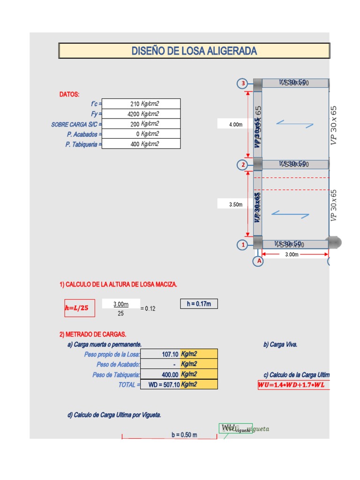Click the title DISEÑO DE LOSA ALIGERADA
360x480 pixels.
(x=194, y=51)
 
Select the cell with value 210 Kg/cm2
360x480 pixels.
(x=141, y=104)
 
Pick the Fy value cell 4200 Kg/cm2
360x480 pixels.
(x=141, y=114)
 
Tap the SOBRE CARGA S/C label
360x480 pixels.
(x=76, y=124)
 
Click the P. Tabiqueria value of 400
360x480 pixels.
(x=141, y=144)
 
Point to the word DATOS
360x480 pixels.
(x=69, y=95)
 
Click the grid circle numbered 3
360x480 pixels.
(x=243, y=84)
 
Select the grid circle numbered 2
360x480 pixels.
(x=243, y=165)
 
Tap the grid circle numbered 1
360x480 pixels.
(x=243, y=245)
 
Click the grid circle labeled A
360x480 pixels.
(x=258, y=262)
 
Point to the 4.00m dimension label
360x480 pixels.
(x=235, y=125)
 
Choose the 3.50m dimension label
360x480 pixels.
(x=235, y=204)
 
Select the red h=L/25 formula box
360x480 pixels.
(x=76, y=308)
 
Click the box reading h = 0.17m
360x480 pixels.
(x=199, y=304)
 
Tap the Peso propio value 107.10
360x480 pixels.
(x=160, y=354)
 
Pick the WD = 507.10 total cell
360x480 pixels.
(x=160, y=384)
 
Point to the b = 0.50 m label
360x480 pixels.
(x=184, y=435)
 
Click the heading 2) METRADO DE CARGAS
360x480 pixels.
(x=93, y=334)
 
